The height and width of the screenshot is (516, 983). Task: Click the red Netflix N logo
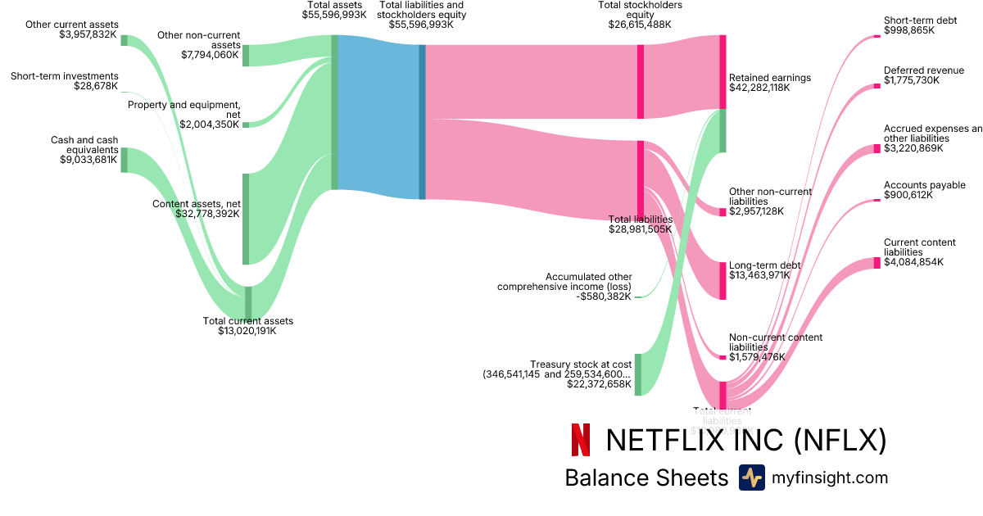point(580,440)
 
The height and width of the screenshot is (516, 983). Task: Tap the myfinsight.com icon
point(751,478)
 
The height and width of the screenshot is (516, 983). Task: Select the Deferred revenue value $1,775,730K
point(912,80)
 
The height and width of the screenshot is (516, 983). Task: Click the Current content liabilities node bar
point(877,263)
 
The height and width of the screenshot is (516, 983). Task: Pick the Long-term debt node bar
point(723,281)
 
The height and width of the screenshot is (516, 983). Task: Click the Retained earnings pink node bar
point(723,72)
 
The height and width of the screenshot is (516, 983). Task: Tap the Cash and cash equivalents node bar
point(125,160)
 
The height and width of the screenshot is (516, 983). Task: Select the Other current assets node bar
point(125,40)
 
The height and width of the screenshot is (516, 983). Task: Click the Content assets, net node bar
point(246,219)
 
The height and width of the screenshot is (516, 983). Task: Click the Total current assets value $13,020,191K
point(247,331)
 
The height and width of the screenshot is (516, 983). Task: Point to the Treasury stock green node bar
point(638,374)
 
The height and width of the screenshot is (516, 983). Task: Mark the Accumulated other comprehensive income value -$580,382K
point(603,296)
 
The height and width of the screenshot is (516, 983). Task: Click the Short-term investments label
point(64,76)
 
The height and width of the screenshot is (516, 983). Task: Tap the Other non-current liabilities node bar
point(723,212)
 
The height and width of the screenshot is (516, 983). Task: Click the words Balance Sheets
point(646,478)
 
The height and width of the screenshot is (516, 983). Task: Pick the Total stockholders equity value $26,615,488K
point(640,25)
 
